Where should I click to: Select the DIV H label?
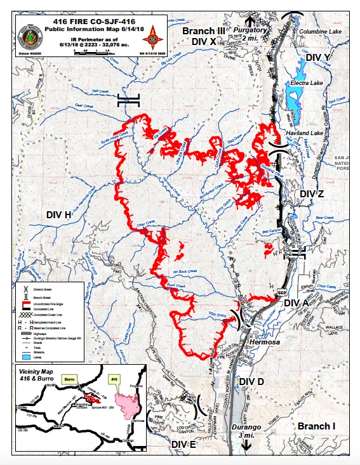coord(58,215)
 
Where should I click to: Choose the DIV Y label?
coord(318,58)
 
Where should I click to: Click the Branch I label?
coord(316,426)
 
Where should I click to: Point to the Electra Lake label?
coord(303,83)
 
